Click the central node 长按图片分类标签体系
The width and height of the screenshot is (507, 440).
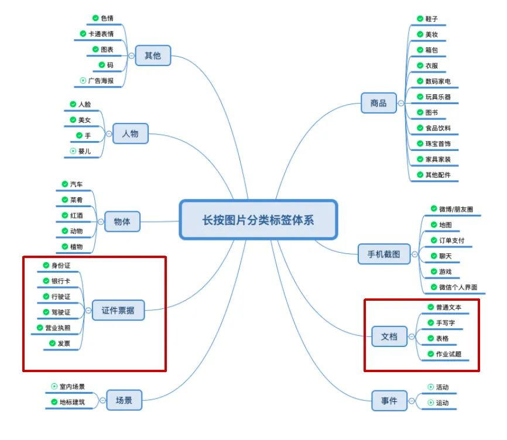pos(258,220)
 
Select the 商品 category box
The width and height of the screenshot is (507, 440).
pos(378,104)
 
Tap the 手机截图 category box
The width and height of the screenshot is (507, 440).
pos(384,255)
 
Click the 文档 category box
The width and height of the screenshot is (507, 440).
pos(389,336)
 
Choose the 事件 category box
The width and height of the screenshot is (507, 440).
pos(389,401)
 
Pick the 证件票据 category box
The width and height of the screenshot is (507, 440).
pos(118,310)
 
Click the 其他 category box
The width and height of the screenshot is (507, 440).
pos(153,56)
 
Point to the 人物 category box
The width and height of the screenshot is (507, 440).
pos(131,134)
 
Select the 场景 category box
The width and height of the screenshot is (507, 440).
pos(124,401)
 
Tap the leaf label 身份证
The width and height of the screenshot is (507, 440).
pos(61,266)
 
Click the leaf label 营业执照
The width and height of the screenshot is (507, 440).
pos(57,328)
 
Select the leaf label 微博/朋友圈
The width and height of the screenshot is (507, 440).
pos(456,209)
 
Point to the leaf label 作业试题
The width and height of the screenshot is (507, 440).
pos(448,354)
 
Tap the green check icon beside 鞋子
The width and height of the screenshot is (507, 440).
pos(420,19)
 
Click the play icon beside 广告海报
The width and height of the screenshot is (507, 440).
pos(83,80)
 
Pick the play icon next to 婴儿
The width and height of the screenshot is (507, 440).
pos(73,151)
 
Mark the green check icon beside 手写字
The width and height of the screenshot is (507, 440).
pos(430,322)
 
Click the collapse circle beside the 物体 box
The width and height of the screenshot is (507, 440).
pos(100,222)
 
